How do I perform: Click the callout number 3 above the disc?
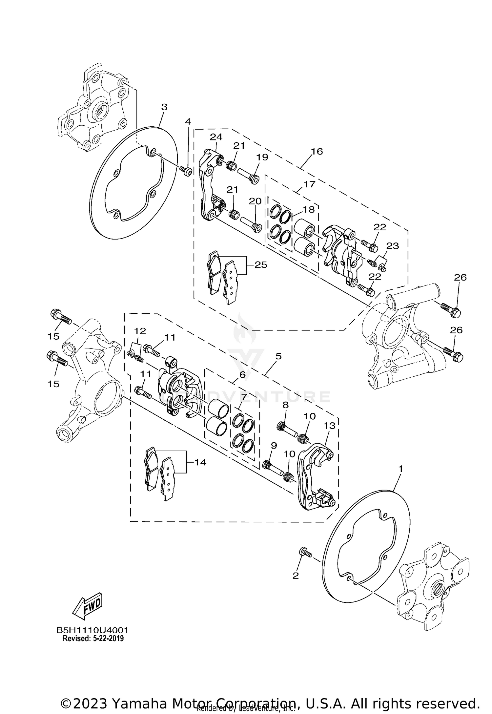point(164,107)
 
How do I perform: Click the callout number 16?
point(317,151)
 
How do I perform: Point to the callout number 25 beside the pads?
point(261,264)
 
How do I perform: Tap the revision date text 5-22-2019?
point(107,639)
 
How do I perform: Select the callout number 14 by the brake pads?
point(200,462)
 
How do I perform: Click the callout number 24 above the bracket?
point(216,136)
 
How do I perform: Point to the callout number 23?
point(392,245)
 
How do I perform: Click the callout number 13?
point(330,426)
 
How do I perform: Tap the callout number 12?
point(140,330)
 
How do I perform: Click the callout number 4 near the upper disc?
point(188,121)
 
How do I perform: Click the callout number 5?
point(278,356)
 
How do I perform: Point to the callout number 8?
point(285,405)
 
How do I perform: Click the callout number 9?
point(274,446)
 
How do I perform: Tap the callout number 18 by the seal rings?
point(309,209)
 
